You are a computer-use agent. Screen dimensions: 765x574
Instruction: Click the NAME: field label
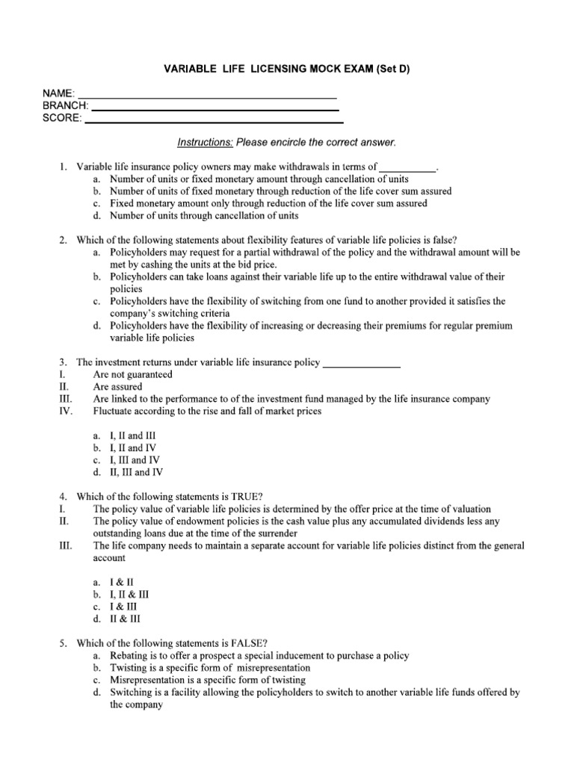(58, 93)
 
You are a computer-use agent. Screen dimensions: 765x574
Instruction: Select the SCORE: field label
(62, 119)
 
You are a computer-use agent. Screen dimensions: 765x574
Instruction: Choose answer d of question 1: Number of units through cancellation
(203, 216)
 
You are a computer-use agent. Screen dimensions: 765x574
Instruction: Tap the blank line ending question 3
(361, 363)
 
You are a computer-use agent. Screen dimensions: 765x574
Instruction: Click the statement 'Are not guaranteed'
(132, 374)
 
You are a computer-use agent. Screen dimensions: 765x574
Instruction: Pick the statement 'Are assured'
(117, 387)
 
